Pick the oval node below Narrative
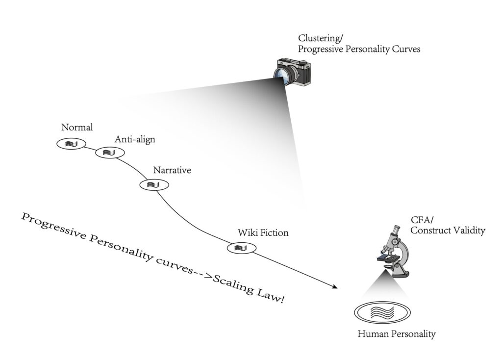pyautogui.click(x=154, y=184)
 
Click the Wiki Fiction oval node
pyautogui.click(x=242, y=248)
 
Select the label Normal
pyautogui.click(x=77, y=128)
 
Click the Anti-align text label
pyautogui.click(x=135, y=140)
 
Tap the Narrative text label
pyautogui.click(x=172, y=171)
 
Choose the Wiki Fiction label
pyautogui.click(x=263, y=232)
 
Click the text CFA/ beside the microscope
pyautogui.click(x=420, y=221)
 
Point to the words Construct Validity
pyautogui.click(x=448, y=231)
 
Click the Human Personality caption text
pyautogui.click(x=397, y=334)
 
